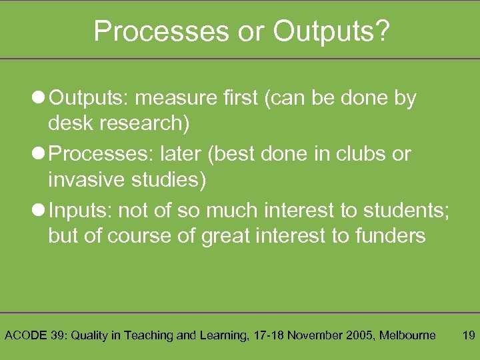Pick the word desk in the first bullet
[68, 123]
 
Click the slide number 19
[468, 335]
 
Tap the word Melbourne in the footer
[407, 335]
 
